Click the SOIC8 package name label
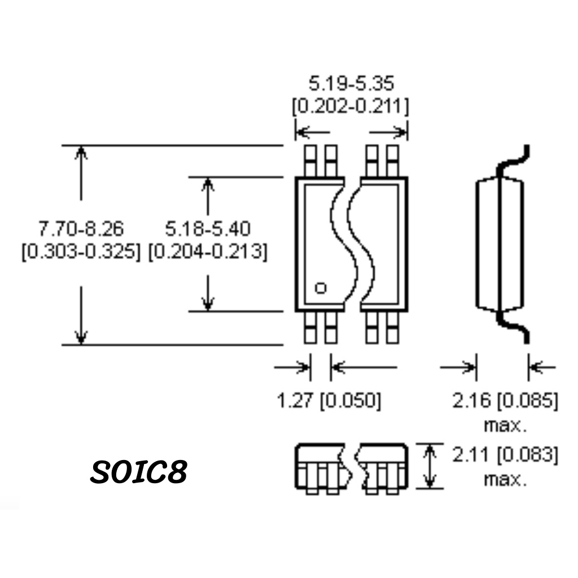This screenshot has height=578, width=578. click(x=139, y=471)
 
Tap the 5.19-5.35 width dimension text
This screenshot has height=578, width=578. click(x=351, y=84)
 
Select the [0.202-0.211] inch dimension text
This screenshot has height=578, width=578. click(x=351, y=107)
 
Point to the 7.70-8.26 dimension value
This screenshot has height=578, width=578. click(x=81, y=229)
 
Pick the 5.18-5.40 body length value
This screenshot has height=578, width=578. click(x=208, y=229)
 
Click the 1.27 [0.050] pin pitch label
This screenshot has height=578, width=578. click(x=329, y=400)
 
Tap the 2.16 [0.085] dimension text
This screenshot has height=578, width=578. click(x=505, y=400)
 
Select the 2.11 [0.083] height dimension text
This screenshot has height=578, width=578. click(x=505, y=454)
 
